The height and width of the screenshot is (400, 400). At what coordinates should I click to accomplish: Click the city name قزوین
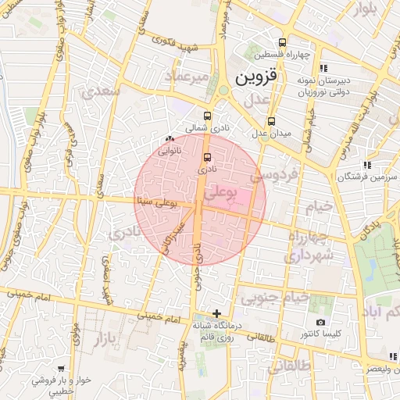point(255,78)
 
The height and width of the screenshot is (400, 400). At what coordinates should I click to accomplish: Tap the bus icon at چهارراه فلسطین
point(282,42)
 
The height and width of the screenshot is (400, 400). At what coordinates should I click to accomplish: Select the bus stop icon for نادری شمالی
point(207,115)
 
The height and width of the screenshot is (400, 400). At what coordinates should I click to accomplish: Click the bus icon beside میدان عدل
point(271,121)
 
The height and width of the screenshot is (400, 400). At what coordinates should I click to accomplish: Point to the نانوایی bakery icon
point(170,138)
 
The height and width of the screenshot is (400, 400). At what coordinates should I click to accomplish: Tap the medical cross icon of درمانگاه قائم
point(216,313)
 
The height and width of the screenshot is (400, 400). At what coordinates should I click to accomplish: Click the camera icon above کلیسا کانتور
point(320,322)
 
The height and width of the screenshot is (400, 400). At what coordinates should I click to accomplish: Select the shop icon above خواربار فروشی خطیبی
point(61,368)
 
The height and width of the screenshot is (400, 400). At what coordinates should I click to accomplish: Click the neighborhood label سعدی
point(100,91)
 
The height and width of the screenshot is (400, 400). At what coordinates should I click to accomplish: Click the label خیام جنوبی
point(273,298)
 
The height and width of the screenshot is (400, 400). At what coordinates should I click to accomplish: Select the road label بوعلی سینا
point(156,202)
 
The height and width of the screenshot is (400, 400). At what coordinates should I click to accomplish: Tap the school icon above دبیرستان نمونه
point(323,68)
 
